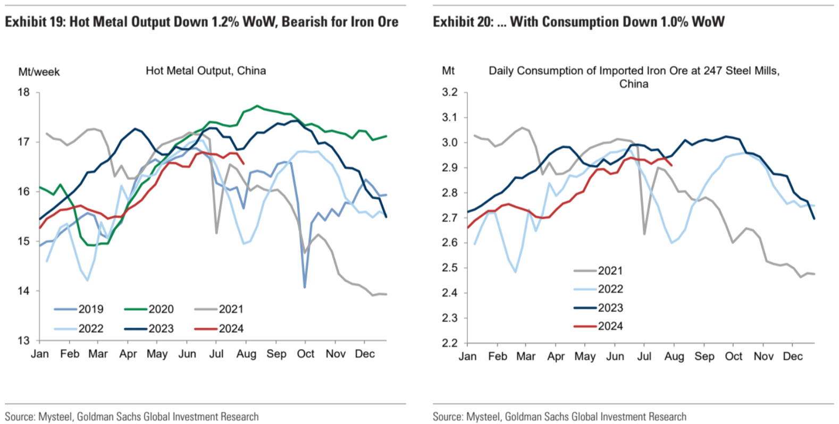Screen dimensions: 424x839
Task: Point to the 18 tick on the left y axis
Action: pyautogui.click(x=23, y=92)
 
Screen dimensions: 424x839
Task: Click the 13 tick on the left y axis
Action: pyautogui.click(x=23, y=341)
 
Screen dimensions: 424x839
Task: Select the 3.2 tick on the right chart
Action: pyautogui.click(x=449, y=92)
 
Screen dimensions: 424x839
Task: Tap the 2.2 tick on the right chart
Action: pyautogui.click(x=449, y=343)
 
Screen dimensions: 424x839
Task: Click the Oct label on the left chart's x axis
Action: pyautogui.click(x=306, y=354)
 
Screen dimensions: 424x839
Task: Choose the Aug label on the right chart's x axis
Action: pyautogui.click(x=674, y=357)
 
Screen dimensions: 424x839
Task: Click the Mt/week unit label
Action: pyautogui.click(x=39, y=72)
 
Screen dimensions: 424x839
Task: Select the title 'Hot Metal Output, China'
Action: pyautogui.click(x=206, y=71)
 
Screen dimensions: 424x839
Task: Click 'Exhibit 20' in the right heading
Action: pyautogui.click(x=462, y=22)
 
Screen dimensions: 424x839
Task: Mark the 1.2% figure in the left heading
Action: pyautogui.click(x=225, y=22)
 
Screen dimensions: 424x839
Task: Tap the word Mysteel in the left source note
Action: pyautogui.click(x=55, y=417)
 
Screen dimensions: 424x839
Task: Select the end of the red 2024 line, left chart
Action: pyautogui.click(x=244, y=164)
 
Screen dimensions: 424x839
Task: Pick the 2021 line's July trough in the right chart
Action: pyautogui.click(x=644, y=234)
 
